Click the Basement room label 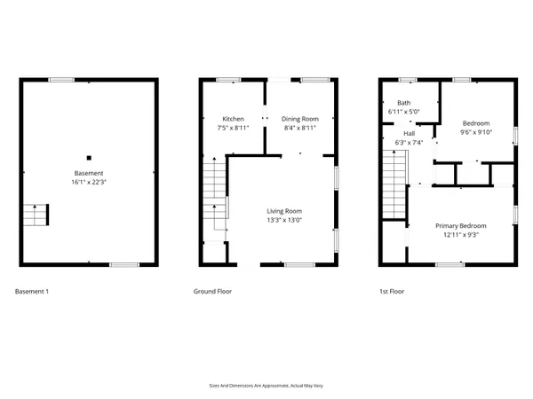click(89, 173)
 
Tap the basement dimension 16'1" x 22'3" click(89, 182)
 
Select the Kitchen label click(233, 119)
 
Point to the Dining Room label click(299, 119)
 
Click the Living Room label click(285, 211)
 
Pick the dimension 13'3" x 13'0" click(285, 221)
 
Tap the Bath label click(404, 103)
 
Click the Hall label click(410, 133)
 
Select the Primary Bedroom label click(460, 226)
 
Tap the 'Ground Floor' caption click(213, 291)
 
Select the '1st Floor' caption click(392, 291)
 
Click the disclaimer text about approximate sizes click(266, 386)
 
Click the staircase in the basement click(35, 215)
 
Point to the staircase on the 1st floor click(394, 184)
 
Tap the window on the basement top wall click(61, 81)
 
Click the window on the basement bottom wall click(123, 264)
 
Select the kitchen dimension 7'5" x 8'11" click(233, 128)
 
